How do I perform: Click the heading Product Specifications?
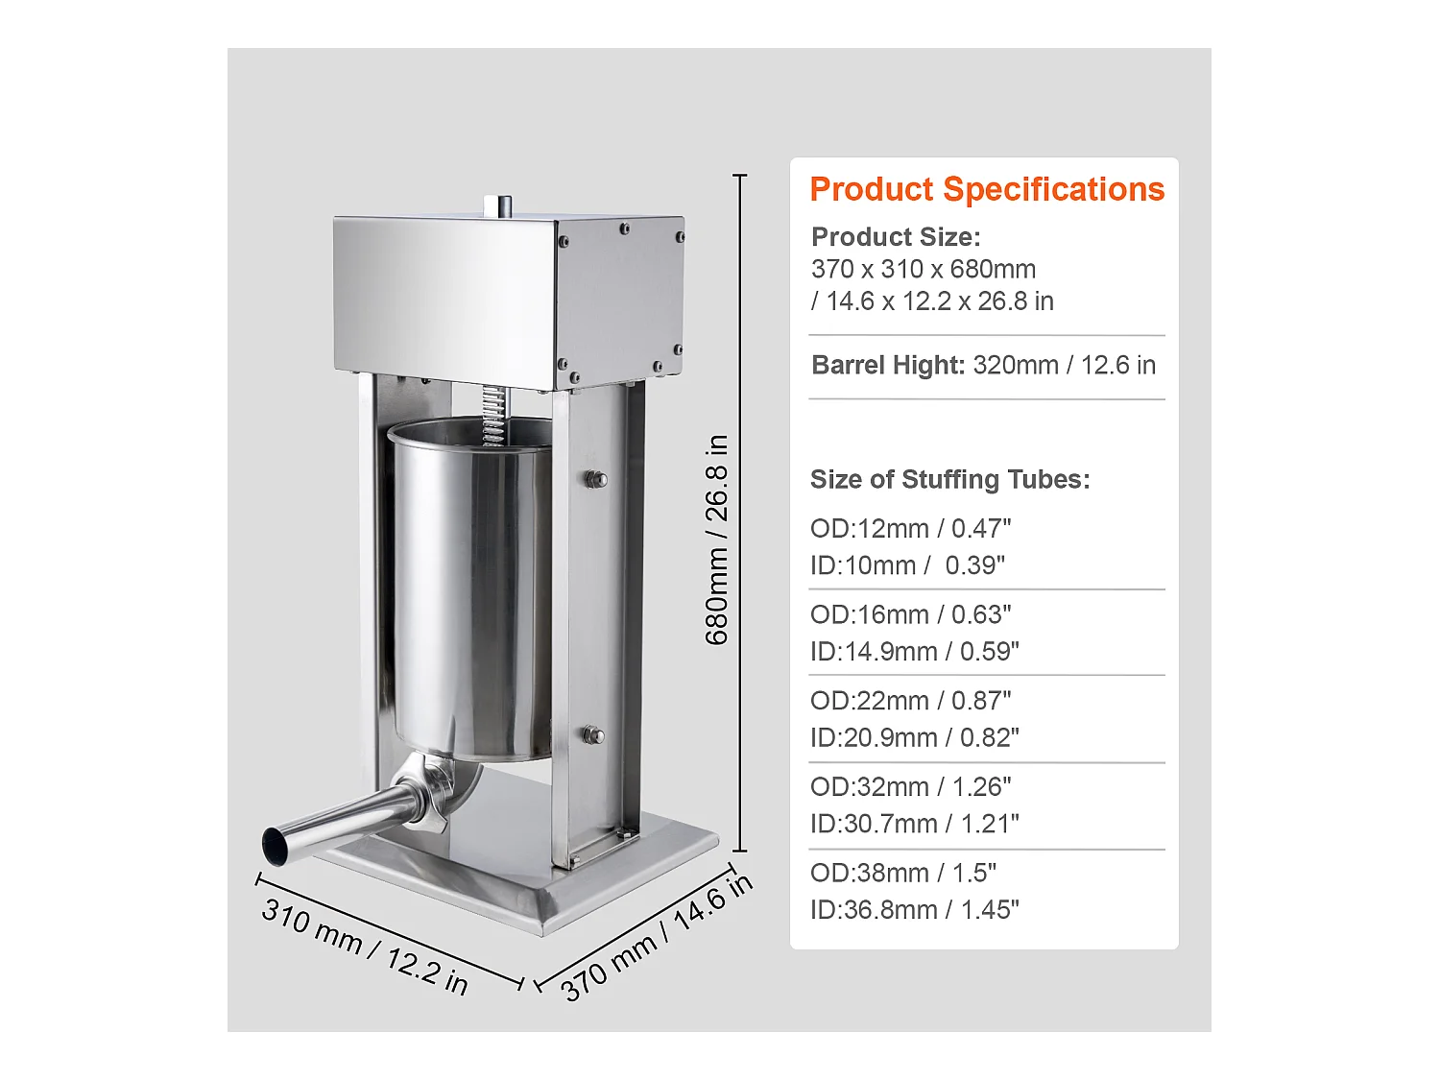(x=986, y=189)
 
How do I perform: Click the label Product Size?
(x=896, y=237)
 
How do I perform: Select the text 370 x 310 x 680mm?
(x=923, y=270)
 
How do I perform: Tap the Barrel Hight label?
(x=887, y=366)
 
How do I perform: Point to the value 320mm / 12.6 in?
(x=1064, y=366)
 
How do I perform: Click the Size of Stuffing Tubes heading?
(x=949, y=479)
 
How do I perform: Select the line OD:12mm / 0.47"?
(x=910, y=529)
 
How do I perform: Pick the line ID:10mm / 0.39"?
(x=907, y=565)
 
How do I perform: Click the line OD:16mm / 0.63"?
(x=910, y=614)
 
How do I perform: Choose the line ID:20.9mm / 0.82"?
(x=914, y=737)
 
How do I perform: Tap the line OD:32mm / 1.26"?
(x=910, y=787)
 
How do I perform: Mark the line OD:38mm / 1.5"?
(x=902, y=873)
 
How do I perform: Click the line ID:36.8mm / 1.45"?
(x=914, y=909)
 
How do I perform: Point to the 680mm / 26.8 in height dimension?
(x=717, y=540)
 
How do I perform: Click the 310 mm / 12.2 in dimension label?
(x=365, y=947)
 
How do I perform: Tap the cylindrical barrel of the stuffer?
(x=470, y=595)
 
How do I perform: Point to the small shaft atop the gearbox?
(x=497, y=205)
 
